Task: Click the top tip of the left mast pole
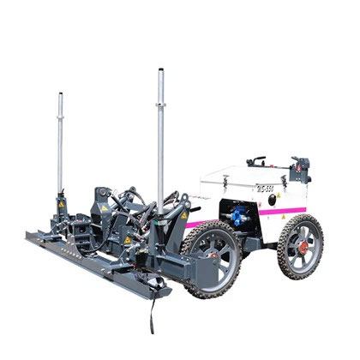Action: click(60, 93)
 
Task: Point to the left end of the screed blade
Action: click(31, 237)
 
